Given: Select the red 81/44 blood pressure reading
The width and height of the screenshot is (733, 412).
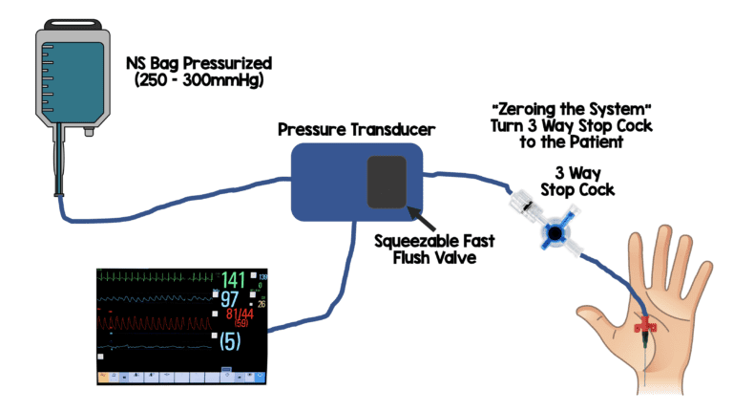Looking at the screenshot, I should pyautogui.click(x=234, y=316).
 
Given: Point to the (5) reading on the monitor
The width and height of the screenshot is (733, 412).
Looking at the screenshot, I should pyautogui.click(x=230, y=339).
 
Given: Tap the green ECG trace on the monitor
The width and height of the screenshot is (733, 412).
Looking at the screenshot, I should pyautogui.click(x=157, y=278).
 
